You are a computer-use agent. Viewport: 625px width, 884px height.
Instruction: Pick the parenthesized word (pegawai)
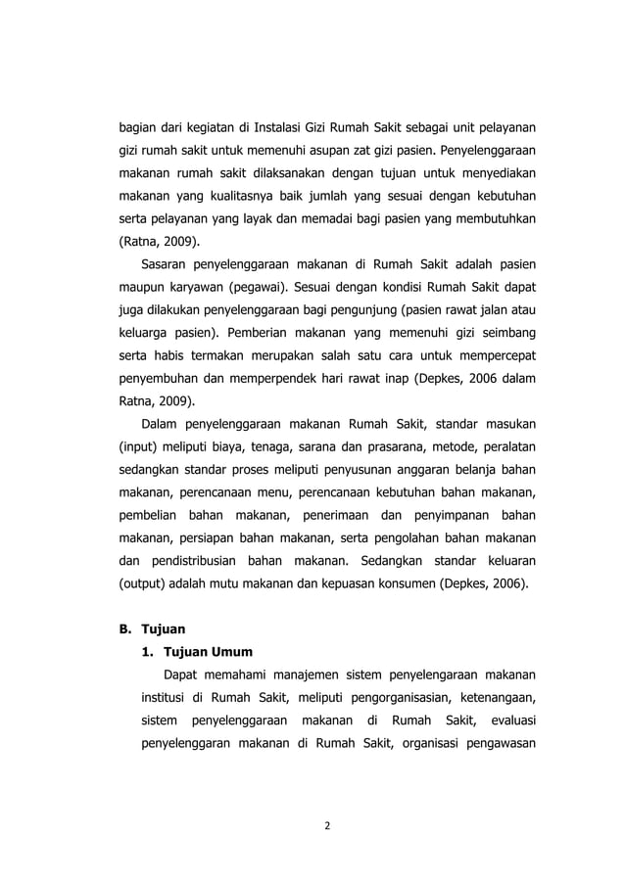point(258,290)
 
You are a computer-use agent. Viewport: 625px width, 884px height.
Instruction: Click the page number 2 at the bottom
point(328,825)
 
